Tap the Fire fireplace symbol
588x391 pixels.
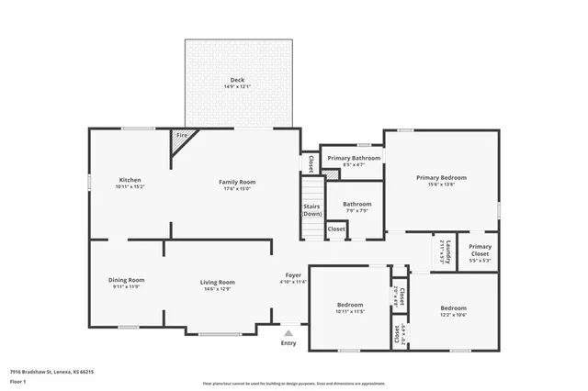coord(182,139)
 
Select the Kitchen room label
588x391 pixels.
coord(130,182)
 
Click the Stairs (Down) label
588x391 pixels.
coord(312,209)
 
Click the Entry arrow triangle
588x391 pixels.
coord(289,333)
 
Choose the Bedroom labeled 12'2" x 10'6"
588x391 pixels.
coord(454,310)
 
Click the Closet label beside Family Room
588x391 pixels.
coord(311,162)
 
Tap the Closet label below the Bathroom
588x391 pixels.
coord(336,229)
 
